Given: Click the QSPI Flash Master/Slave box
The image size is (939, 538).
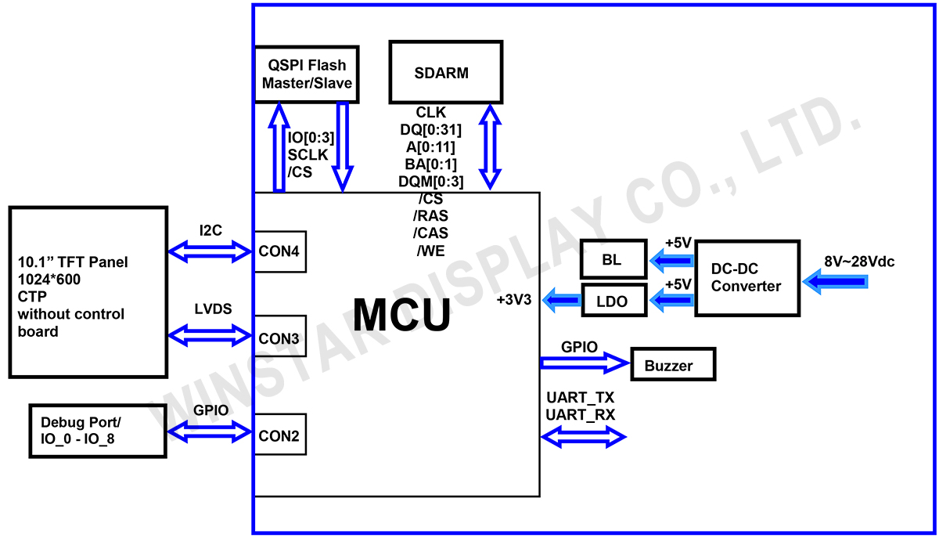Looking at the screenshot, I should point(307,74).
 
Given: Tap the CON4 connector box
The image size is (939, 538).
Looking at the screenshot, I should point(279,251).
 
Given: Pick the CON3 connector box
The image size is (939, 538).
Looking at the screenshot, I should point(279,338).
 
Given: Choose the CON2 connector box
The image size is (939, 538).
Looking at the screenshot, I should point(279,435).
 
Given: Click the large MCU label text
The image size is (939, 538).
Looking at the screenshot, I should point(401,315).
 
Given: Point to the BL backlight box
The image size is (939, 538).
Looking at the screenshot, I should point(613,259).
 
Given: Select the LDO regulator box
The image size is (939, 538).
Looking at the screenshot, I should point(615,300).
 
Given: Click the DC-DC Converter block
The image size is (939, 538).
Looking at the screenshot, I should point(747,278).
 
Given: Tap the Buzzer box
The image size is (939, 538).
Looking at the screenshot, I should point(672,365).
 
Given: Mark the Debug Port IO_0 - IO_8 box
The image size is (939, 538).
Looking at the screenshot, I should point(98,431).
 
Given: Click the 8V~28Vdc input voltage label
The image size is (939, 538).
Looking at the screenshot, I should point(858,262).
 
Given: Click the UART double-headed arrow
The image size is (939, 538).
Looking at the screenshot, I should point(583,437).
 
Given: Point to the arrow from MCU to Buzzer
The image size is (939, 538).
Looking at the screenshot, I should point(584,362).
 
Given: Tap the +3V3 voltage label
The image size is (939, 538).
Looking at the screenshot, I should point(515,300).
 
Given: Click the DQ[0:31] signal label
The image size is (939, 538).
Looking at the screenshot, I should point(430,129).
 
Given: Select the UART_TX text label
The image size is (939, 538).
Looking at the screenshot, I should point(580,398).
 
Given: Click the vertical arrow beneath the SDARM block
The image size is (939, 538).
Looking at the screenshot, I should point(491,146).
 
